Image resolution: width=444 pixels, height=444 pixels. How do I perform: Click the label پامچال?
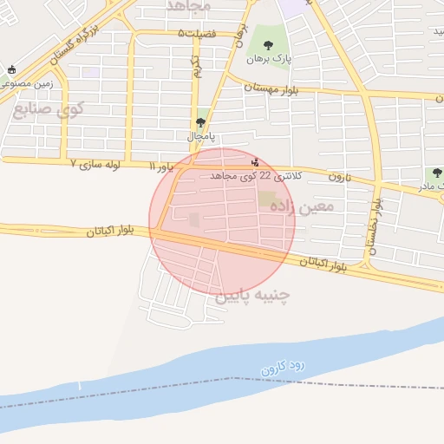[x=202, y=137]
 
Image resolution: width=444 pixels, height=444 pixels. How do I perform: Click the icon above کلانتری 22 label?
[x=254, y=160]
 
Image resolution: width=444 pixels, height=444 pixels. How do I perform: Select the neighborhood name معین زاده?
[x=303, y=207]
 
